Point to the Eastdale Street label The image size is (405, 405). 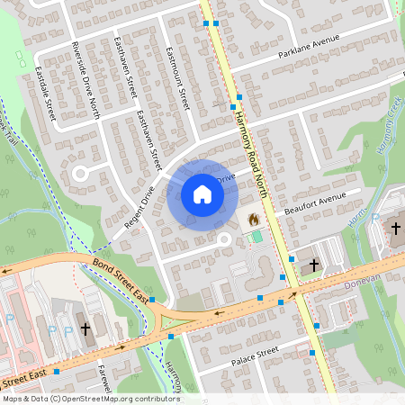[x=46, y=92]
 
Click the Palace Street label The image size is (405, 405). [x=256, y=356]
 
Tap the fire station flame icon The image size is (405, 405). [x=253, y=219]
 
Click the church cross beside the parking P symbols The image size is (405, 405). [x=85, y=329]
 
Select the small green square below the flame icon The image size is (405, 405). [x=257, y=236]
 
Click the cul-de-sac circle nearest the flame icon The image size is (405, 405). [x=224, y=239]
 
